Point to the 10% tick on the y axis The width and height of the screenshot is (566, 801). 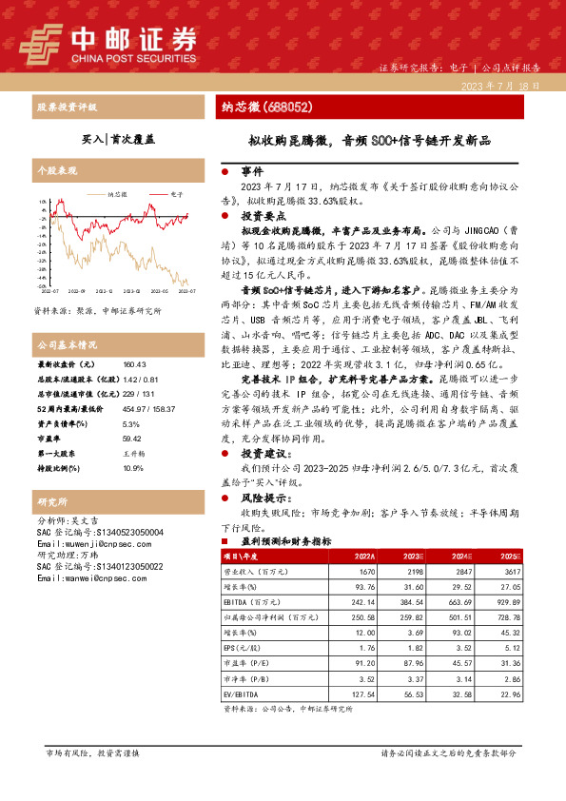pyautogui.click(x=42, y=202)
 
